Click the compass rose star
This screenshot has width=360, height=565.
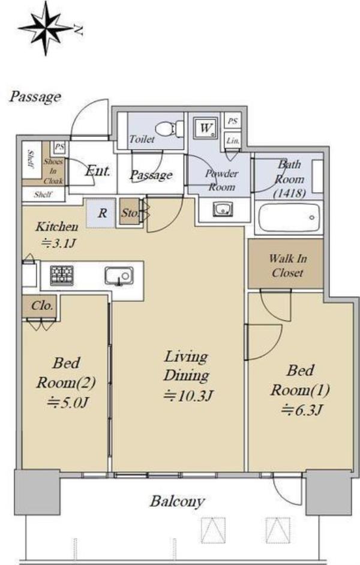click(46, 28)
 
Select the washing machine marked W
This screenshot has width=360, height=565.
click(206, 127)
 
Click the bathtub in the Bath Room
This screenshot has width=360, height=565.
click(289, 217)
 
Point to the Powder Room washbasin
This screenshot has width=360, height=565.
click(223, 209)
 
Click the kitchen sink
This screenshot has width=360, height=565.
click(119, 276)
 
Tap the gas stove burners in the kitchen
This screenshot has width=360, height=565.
click(62, 275)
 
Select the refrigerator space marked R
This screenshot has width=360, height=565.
click(101, 213)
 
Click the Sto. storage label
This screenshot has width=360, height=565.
click(129, 213)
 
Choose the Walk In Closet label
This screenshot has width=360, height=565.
click(287, 265)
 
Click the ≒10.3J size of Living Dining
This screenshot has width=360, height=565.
click(188, 396)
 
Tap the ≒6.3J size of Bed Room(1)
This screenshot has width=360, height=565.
click(302, 409)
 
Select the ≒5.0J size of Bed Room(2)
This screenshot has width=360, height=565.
click(67, 402)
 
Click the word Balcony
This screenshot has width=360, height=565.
click(178, 501)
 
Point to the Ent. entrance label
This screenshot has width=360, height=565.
click(97, 171)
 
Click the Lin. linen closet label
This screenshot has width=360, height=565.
click(233, 141)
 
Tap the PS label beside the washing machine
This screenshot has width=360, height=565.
click(233, 121)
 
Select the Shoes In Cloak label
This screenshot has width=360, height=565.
click(53, 171)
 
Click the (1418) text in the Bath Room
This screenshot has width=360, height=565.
click(289, 193)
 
